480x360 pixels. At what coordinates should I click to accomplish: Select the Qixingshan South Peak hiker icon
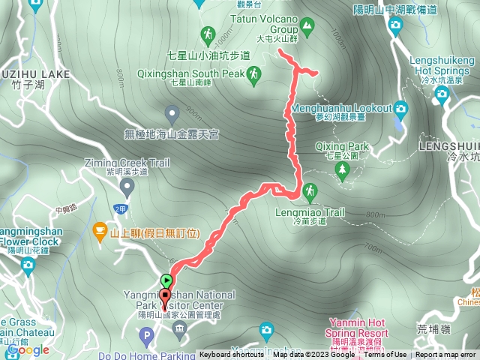pos(255,73)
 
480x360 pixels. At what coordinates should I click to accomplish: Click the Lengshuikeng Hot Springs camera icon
pos(442,93)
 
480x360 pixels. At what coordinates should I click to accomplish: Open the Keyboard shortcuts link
pos(231,355)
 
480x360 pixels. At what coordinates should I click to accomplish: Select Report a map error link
pos(445,355)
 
